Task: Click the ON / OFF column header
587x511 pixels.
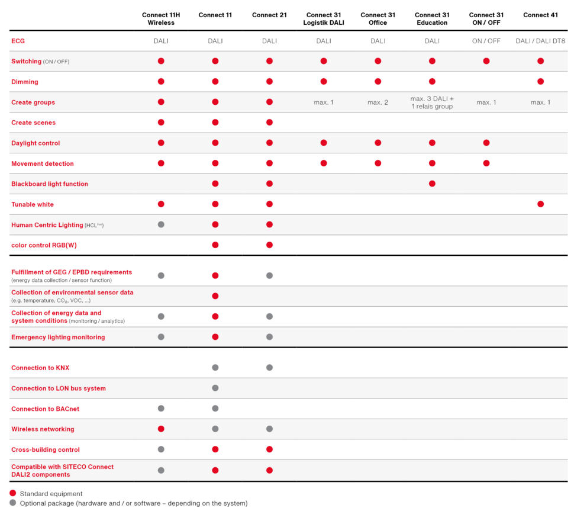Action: tap(486, 41)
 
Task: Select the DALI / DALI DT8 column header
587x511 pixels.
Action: tap(540, 41)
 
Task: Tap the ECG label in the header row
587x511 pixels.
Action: tap(18, 41)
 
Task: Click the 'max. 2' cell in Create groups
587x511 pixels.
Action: tap(378, 102)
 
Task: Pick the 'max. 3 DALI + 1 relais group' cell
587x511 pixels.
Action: tap(432, 102)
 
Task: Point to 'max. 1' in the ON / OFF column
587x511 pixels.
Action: tap(486, 102)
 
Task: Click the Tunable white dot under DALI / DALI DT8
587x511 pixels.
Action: tap(540, 204)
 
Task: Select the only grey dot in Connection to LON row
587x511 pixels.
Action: tap(215, 388)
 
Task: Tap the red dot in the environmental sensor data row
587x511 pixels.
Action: tap(215, 296)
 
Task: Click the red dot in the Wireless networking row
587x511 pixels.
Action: tap(161, 429)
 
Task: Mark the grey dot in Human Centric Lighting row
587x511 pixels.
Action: tap(161, 224)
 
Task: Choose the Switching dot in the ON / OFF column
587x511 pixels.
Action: tap(486, 61)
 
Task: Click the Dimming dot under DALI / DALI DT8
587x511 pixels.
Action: tap(540, 82)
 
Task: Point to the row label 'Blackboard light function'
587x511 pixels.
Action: tap(50, 184)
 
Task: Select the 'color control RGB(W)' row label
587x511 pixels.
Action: tap(44, 245)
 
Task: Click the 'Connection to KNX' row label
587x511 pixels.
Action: tap(40, 368)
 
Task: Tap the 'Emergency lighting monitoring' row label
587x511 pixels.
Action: tap(58, 338)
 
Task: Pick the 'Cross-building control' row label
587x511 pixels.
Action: tap(46, 450)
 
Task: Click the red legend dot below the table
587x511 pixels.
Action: tap(13, 493)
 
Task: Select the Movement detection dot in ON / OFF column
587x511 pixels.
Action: tap(486, 163)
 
